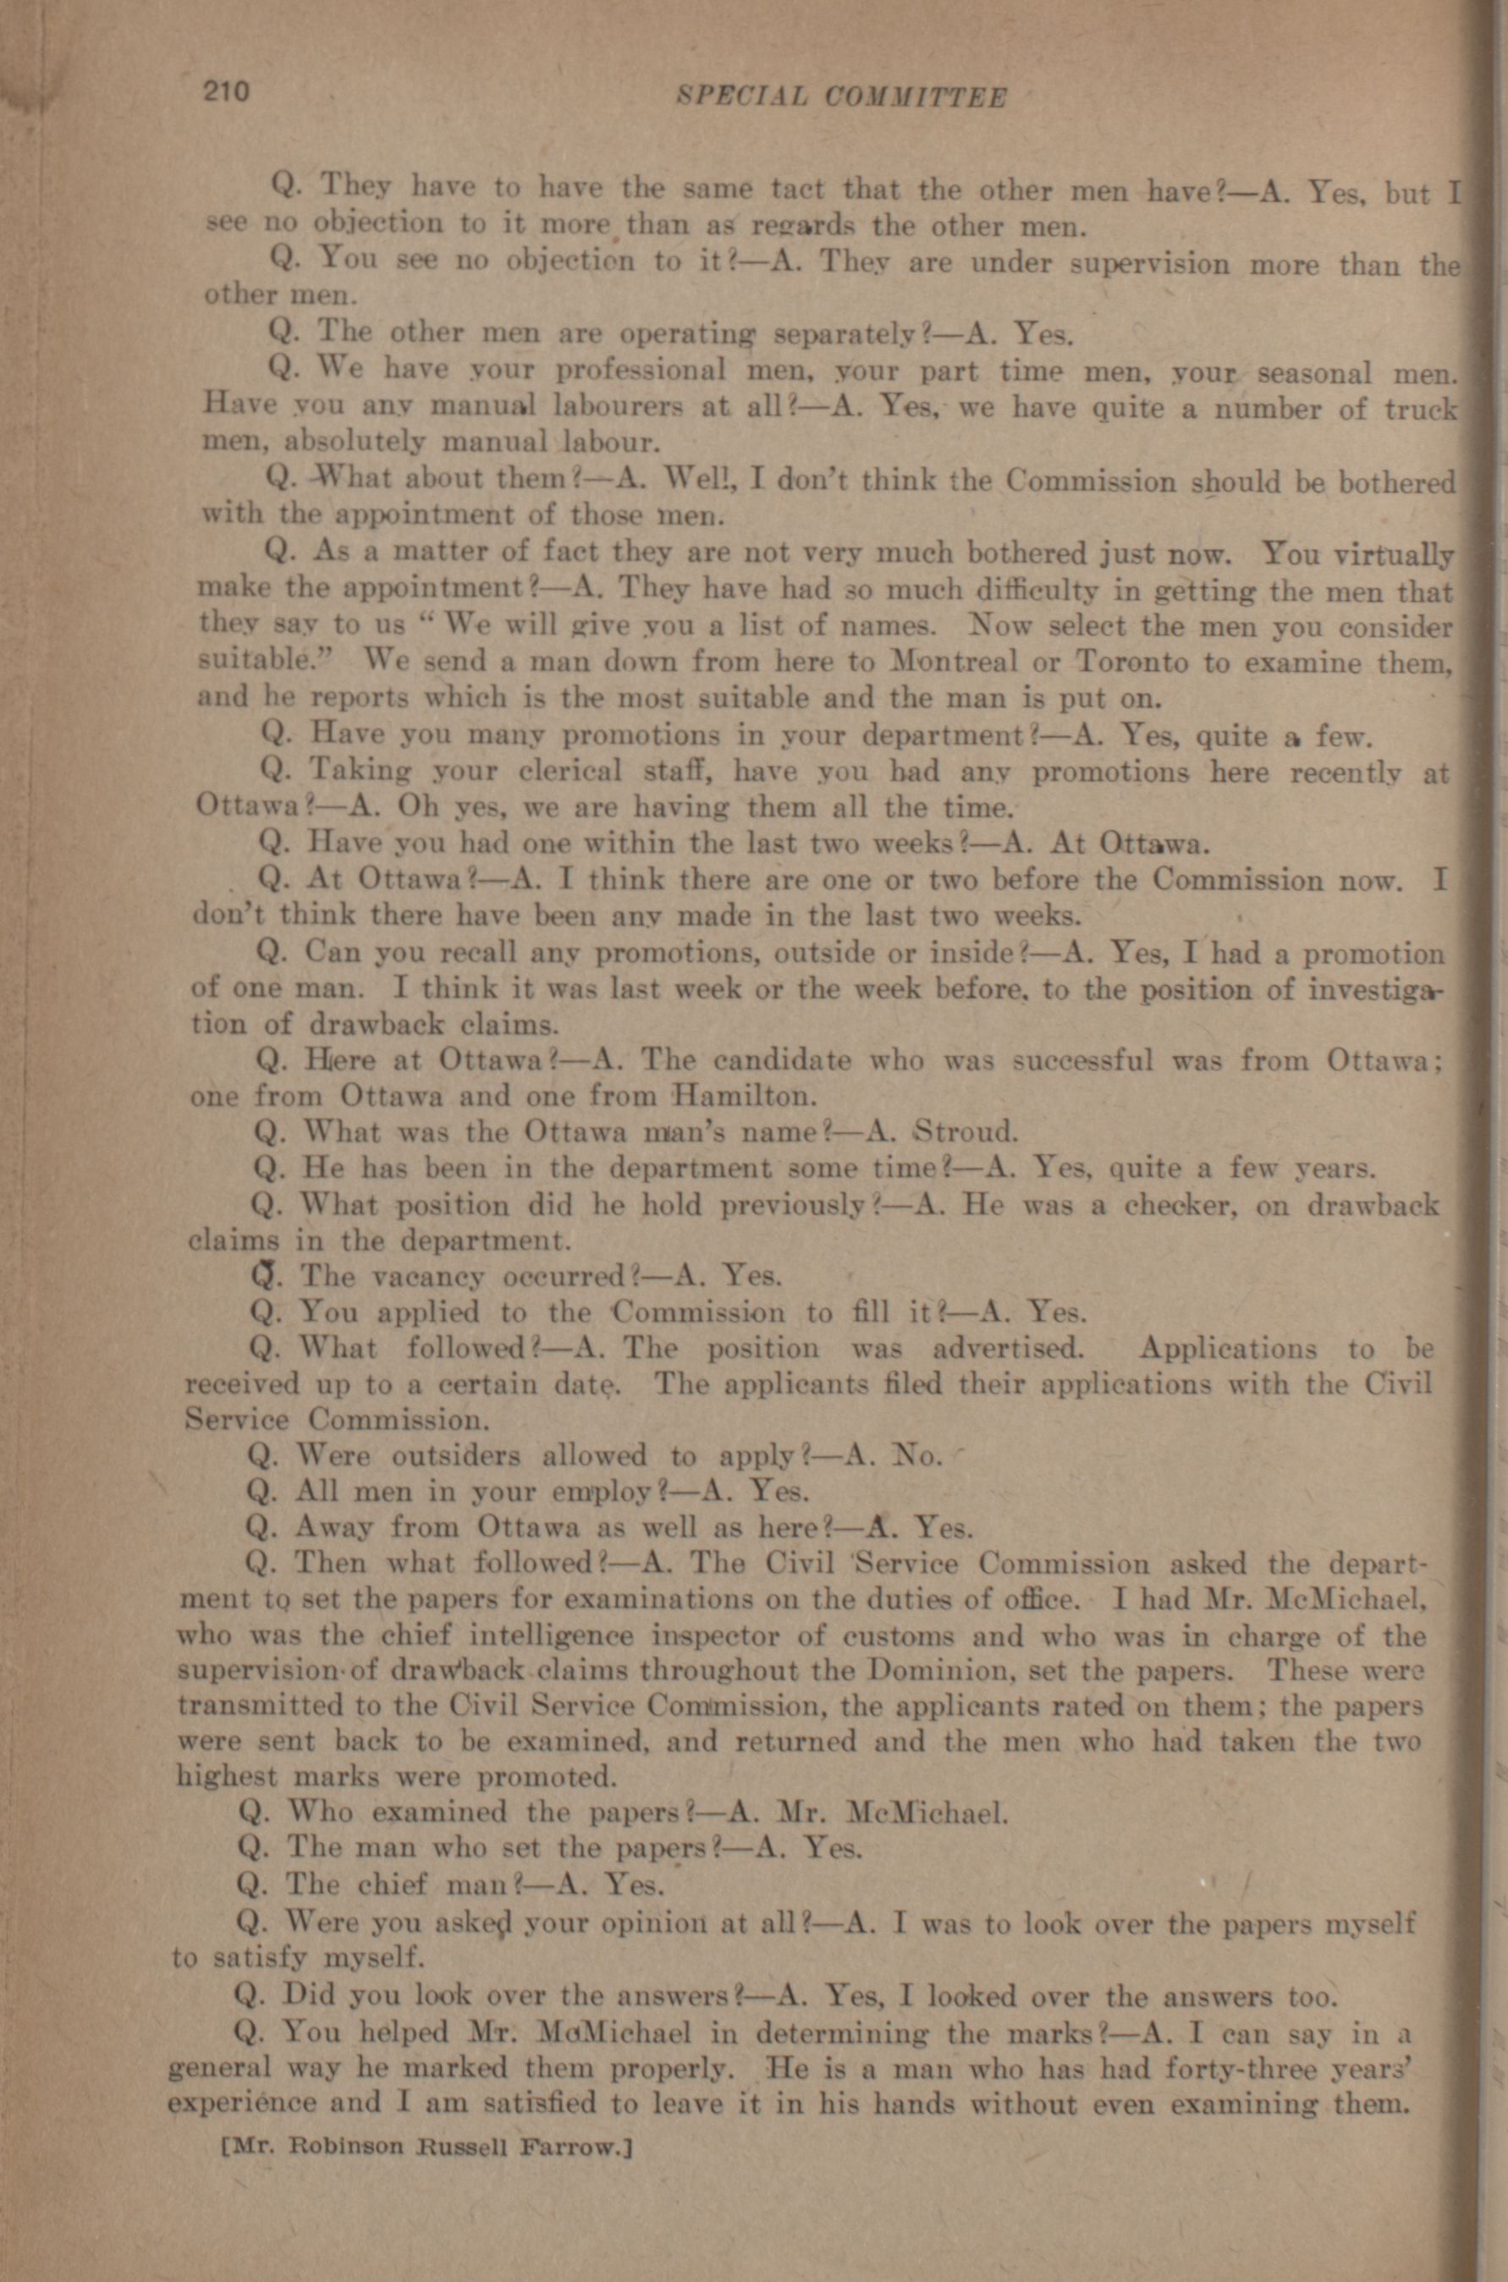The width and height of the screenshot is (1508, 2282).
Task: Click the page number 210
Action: pyautogui.click(x=225, y=92)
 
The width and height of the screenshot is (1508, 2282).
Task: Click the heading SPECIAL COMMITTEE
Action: pyautogui.click(x=841, y=97)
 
